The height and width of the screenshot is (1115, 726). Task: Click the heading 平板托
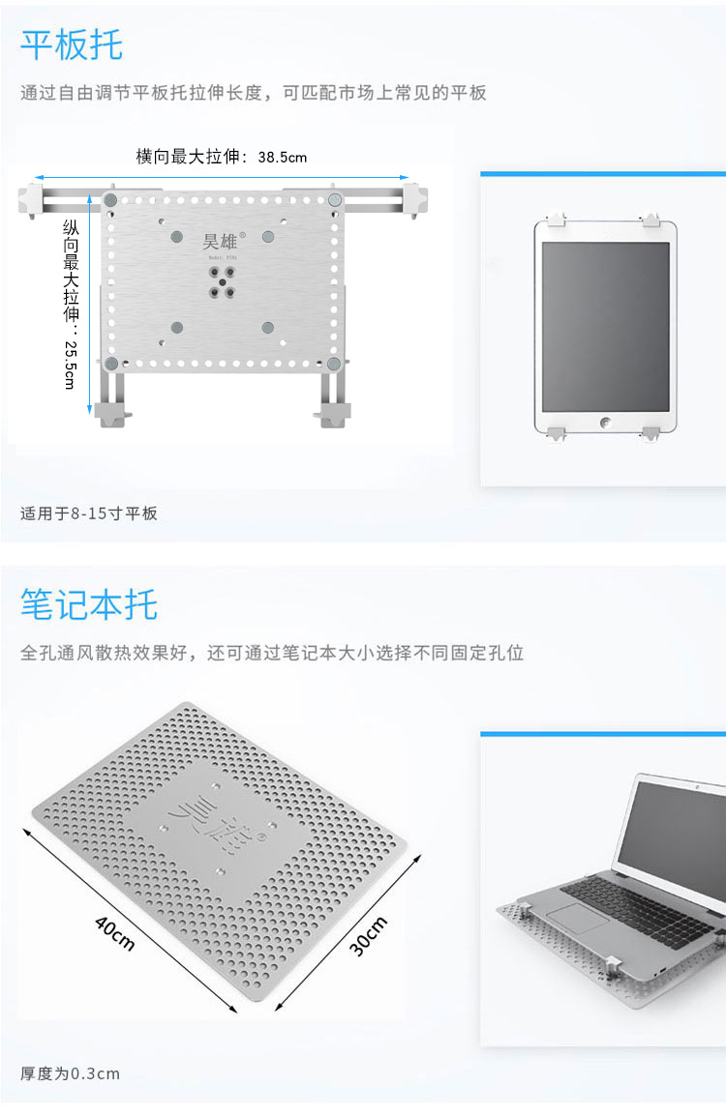[x=72, y=44]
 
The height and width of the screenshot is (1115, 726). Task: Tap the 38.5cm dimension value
[x=282, y=157]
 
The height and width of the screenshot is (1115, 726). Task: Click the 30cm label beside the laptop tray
[x=368, y=935]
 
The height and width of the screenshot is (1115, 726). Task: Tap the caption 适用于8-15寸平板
[x=89, y=513]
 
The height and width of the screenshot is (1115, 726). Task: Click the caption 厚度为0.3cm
[x=71, y=1072]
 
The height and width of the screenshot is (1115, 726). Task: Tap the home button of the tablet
[x=606, y=423]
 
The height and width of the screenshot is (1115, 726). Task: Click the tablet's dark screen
[x=605, y=326]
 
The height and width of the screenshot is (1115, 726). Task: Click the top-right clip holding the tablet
[x=651, y=217]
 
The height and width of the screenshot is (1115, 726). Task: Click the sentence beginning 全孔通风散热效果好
[x=272, y=653]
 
